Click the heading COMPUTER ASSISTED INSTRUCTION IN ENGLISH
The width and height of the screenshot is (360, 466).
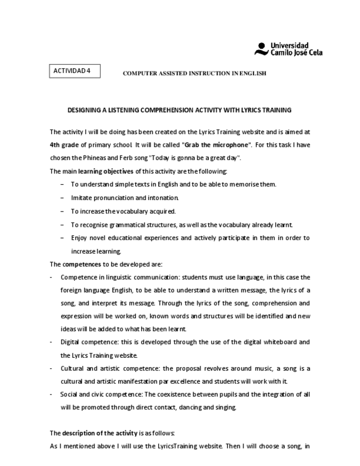point(194,73)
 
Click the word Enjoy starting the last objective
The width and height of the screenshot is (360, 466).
point(80,237)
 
